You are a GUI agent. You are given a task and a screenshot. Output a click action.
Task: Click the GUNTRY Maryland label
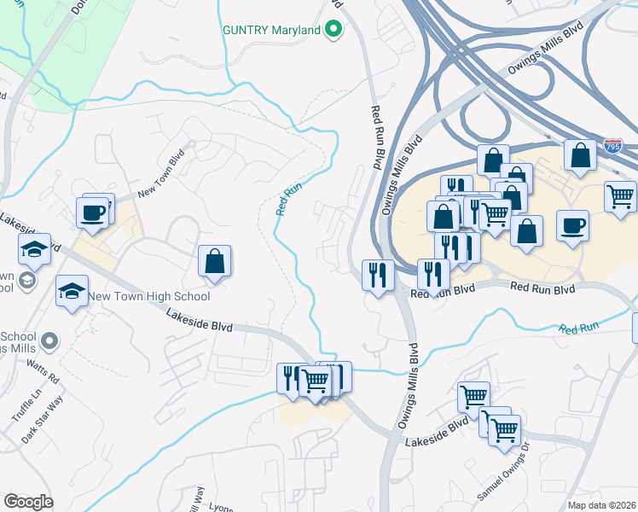click(271, 31)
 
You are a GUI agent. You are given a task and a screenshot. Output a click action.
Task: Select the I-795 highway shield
click(612, 147)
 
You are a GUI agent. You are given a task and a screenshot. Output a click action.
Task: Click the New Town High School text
click(149, 297)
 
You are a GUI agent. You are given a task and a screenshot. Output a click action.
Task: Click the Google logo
click(28, 502)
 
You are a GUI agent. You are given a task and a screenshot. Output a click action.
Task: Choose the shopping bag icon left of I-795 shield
click(580, 156)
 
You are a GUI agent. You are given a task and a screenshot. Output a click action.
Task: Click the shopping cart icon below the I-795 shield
click(620, 196)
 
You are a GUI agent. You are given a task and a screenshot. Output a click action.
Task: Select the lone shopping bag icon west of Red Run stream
click(215, 261)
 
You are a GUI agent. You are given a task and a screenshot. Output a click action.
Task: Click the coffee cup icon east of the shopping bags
click(572, 225)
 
